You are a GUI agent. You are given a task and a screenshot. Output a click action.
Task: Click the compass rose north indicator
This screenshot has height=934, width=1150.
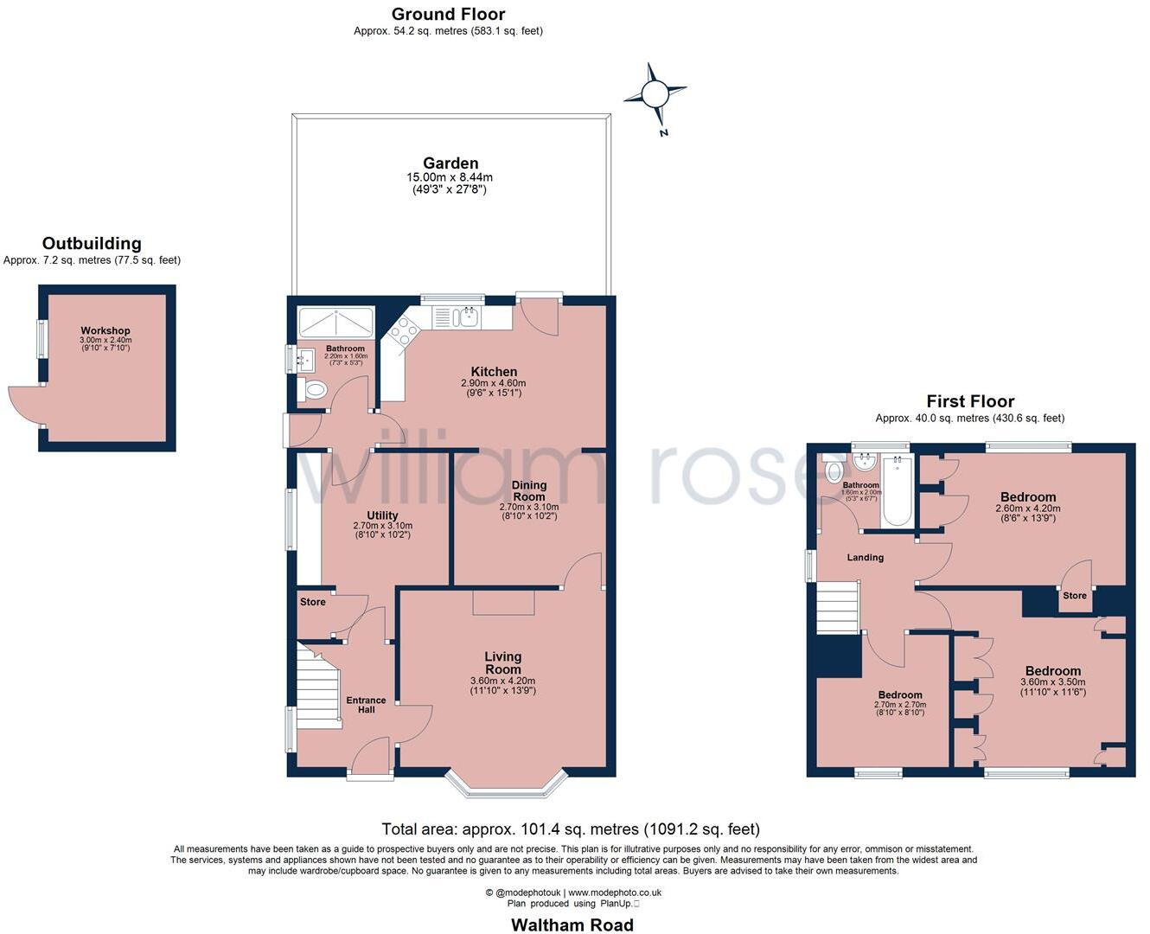pyautogui.click(x=655, y=93)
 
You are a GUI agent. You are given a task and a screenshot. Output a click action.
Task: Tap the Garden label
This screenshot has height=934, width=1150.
pyautogui.click(x=450, y=163)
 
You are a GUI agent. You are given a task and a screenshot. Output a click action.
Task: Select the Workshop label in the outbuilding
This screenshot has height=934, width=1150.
pyautogui.click(x=105, y=330)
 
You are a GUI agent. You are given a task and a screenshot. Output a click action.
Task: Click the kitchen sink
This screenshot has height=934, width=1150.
pyautogui.click(x=466, y=317)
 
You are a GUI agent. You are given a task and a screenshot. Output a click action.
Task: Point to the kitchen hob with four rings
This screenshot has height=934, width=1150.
pyautogui.click(x=404, y=333)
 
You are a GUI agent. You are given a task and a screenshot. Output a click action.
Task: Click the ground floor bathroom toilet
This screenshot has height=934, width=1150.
pyautogui.click(x=314, y=390)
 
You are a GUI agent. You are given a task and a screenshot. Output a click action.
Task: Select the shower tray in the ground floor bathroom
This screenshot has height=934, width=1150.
pyautogui.click(x=335, y=323)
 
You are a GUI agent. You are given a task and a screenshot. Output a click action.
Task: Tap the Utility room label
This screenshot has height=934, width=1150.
pyautogui.click(x=382, y=515)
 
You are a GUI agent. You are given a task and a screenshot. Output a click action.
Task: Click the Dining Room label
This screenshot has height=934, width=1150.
pyautogui.click(x=528, y=490)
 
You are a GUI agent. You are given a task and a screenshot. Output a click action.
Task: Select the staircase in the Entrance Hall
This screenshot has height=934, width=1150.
pyautogui.click(x=317, y=683)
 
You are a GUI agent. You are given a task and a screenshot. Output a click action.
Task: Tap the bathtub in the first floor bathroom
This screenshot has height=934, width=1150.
pyautogui.click(x=896, y=490)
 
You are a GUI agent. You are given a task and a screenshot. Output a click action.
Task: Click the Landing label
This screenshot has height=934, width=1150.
pyautogui.click(x=865, y=558)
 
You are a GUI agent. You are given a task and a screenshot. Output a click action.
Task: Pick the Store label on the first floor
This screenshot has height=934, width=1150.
pyautogui.click(x=1074, y=595)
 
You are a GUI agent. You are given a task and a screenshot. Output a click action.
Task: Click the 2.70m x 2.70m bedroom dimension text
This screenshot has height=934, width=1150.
pyautogui.click(x=899, y=705)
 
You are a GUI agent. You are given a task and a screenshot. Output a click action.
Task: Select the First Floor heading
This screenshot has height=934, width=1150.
pyautogui.click(x=970, y=401)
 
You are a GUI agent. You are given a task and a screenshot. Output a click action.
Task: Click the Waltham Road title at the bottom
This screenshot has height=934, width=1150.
pyautogui.click(x=572, y=924)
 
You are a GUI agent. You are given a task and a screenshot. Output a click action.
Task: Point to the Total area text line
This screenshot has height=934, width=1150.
pyautogui.click(x=571, y=829)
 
